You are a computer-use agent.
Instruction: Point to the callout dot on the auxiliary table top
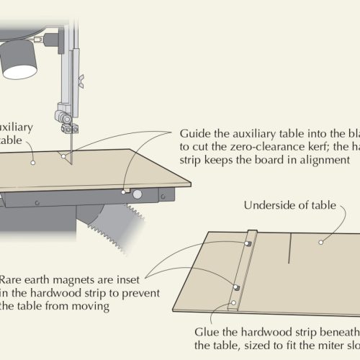click(33, 163)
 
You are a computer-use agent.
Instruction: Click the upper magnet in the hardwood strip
click(246, 245)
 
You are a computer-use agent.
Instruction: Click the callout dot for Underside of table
click(319, 242)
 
